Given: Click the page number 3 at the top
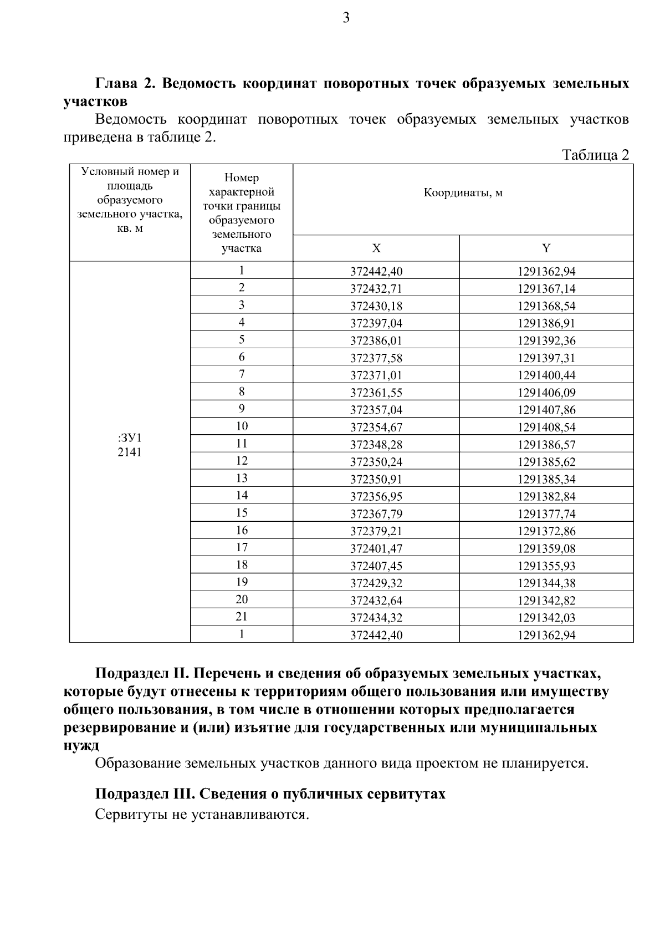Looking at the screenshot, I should [346, 18].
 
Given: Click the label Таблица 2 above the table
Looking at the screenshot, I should [596, 155].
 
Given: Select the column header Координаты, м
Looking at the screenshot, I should [463, 193].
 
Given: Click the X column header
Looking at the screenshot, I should [376, 248].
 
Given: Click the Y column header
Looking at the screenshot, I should [546, 248].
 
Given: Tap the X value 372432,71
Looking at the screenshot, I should [376, 288].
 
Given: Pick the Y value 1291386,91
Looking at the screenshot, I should [546, 323].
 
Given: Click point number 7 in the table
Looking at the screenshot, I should [241, 374].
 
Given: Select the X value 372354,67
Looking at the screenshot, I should [376, 427].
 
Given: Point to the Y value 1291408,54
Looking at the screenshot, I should [546, 427].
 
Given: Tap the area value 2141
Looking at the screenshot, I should [129, 452].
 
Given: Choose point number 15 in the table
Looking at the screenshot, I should [241, 513].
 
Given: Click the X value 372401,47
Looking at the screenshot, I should [376, 548].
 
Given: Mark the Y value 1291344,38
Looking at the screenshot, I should [546, 583].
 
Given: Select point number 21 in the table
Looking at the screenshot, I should [241, 617].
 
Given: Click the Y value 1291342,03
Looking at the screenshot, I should [546, 618].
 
